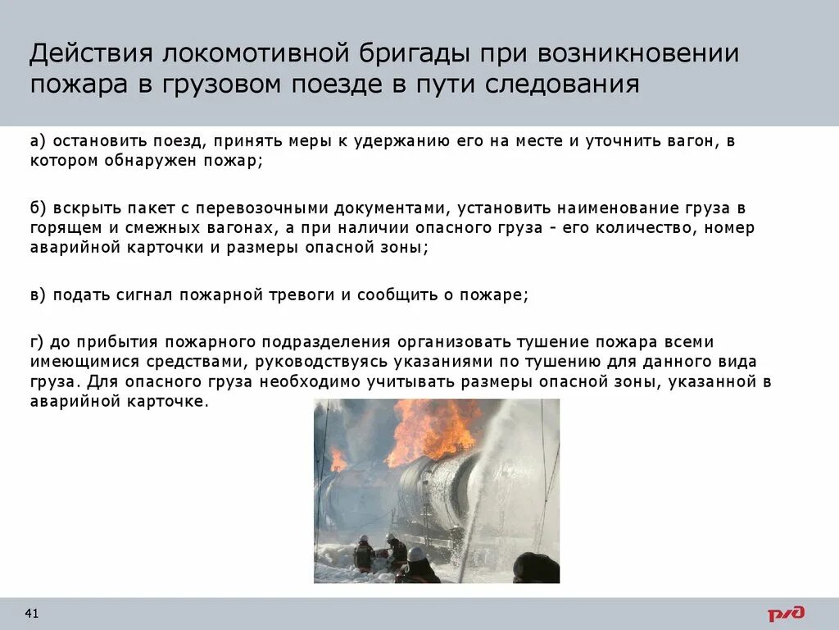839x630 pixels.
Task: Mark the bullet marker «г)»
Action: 37,341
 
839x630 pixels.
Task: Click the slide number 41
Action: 33,614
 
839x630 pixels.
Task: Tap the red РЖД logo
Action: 786,613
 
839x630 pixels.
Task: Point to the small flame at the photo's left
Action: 338,459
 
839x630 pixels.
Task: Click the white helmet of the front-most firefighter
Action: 416,555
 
